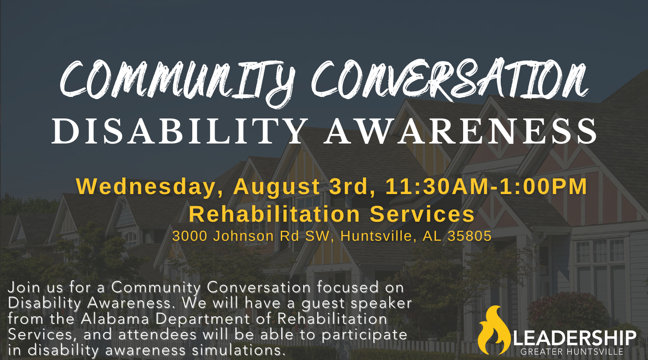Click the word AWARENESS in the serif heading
tap(460, 131)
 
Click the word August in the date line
tap(276, 187)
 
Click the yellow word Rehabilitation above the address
tap(274, 214)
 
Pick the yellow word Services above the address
tap(422, 214)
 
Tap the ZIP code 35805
tap(469, 236)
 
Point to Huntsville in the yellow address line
tap(376, 236)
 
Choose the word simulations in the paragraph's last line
tap(237, 350)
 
